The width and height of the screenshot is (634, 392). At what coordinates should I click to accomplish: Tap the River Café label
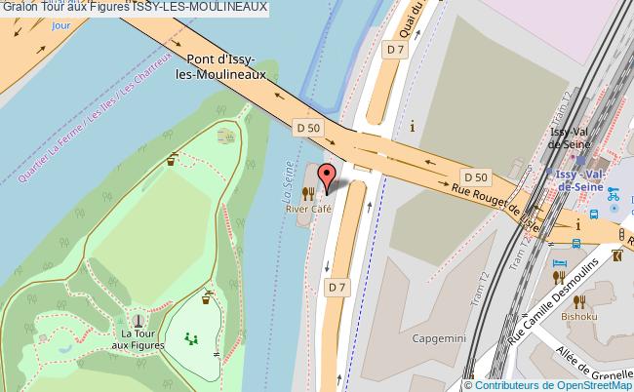(309, 209)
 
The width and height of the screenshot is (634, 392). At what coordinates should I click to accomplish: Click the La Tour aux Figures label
(138, 339)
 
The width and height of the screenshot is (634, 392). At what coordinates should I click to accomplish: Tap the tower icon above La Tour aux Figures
(138, 319)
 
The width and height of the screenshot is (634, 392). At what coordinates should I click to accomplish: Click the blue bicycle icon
(614, 194)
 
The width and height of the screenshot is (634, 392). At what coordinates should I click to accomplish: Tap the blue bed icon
(559, 263)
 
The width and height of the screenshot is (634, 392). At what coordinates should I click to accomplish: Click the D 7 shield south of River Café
(337, 287)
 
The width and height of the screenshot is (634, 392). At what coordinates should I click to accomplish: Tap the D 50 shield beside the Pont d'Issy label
(308, 127)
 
